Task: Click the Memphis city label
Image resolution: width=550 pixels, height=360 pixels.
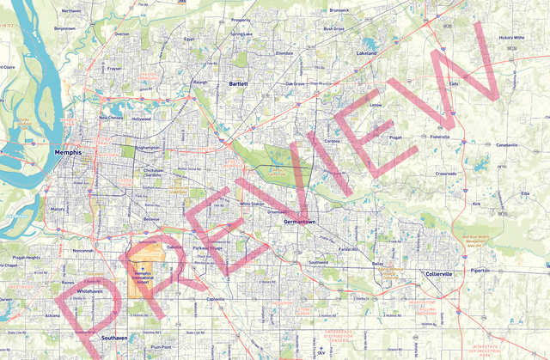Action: pos(67,152)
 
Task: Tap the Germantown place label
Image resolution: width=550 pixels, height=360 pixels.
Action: pos(299,222)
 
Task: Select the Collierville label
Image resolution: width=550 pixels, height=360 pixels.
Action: pos(444,273)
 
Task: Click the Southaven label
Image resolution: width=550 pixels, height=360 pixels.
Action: pos(113,338)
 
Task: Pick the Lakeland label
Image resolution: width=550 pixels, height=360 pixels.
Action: pos(367,53)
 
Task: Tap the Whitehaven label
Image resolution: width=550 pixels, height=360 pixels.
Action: pos(90,291)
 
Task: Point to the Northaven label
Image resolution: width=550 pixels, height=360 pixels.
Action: pos(71,10)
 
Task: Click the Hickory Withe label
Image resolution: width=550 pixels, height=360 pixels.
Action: pos(512,38)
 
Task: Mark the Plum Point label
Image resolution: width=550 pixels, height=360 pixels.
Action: pos(162,346)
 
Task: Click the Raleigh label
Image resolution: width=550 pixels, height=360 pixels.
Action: pos(200,82)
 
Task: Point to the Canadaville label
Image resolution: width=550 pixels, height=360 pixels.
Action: pos(506,145)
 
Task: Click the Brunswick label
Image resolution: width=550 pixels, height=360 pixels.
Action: pos(339,10)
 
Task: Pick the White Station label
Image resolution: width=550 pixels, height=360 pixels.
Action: pos(252,204)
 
